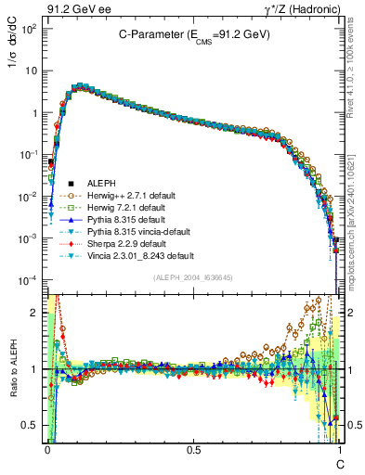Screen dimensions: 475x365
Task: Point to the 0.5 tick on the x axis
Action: click(x=193, y=448)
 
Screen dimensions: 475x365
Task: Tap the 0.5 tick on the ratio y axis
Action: click(x=34, y=425)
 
